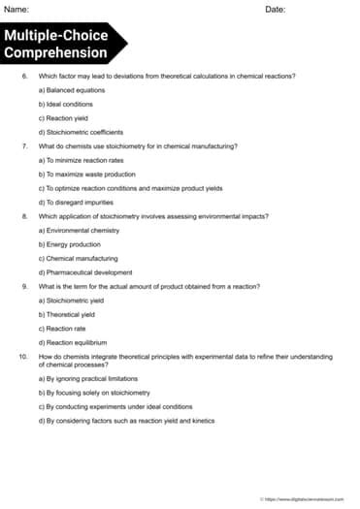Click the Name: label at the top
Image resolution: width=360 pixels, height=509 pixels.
[16, 9]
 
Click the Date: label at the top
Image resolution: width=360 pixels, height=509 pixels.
[275, 9]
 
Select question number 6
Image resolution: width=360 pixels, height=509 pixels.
[23, 75]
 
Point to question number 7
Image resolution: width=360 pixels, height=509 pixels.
[23, 144]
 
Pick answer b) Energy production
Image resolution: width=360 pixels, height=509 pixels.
[69, 244]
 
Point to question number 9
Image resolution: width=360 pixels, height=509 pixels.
[23, 286]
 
